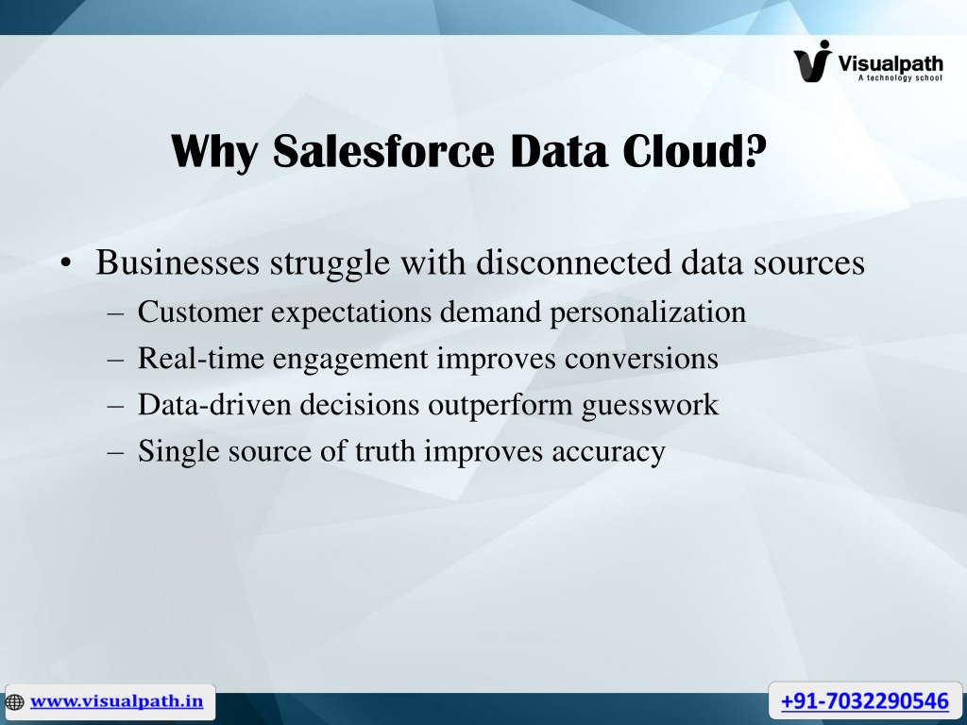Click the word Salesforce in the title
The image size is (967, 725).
pos(383,151)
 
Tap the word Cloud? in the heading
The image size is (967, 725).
pos(694,151)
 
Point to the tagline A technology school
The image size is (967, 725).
pos(900,77)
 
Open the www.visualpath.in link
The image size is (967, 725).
pos(116,701)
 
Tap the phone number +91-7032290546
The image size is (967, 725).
pos(865,701)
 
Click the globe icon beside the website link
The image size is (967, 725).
pos(14,701)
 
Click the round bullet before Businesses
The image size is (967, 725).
pos(67,264)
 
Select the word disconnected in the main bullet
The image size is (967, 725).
pos(573,262)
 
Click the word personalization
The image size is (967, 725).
pos(648,312)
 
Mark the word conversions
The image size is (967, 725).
pos(641,359)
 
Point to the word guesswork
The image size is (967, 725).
pos(650,406)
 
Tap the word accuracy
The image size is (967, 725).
pos(608,452)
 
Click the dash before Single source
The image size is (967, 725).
pos(115,452)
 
